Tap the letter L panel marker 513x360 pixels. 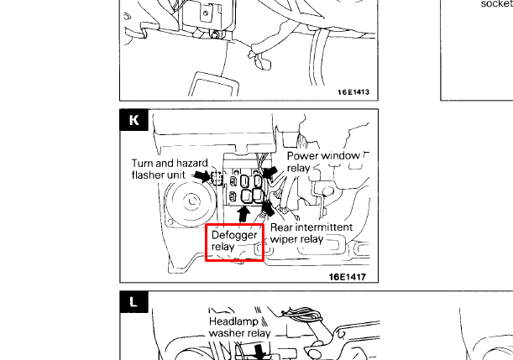(x=134, y=302)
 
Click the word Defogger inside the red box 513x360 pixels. (x=234, y=236)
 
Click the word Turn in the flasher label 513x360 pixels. (x=144, y=163)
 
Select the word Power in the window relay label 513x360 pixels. (x=304, y=156)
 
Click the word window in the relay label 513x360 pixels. (x=343, y=156)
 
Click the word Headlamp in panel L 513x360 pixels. (x=232, y=321)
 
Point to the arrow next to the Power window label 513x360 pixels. (x=271, y=173)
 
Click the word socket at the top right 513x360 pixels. (x=496, y=3)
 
